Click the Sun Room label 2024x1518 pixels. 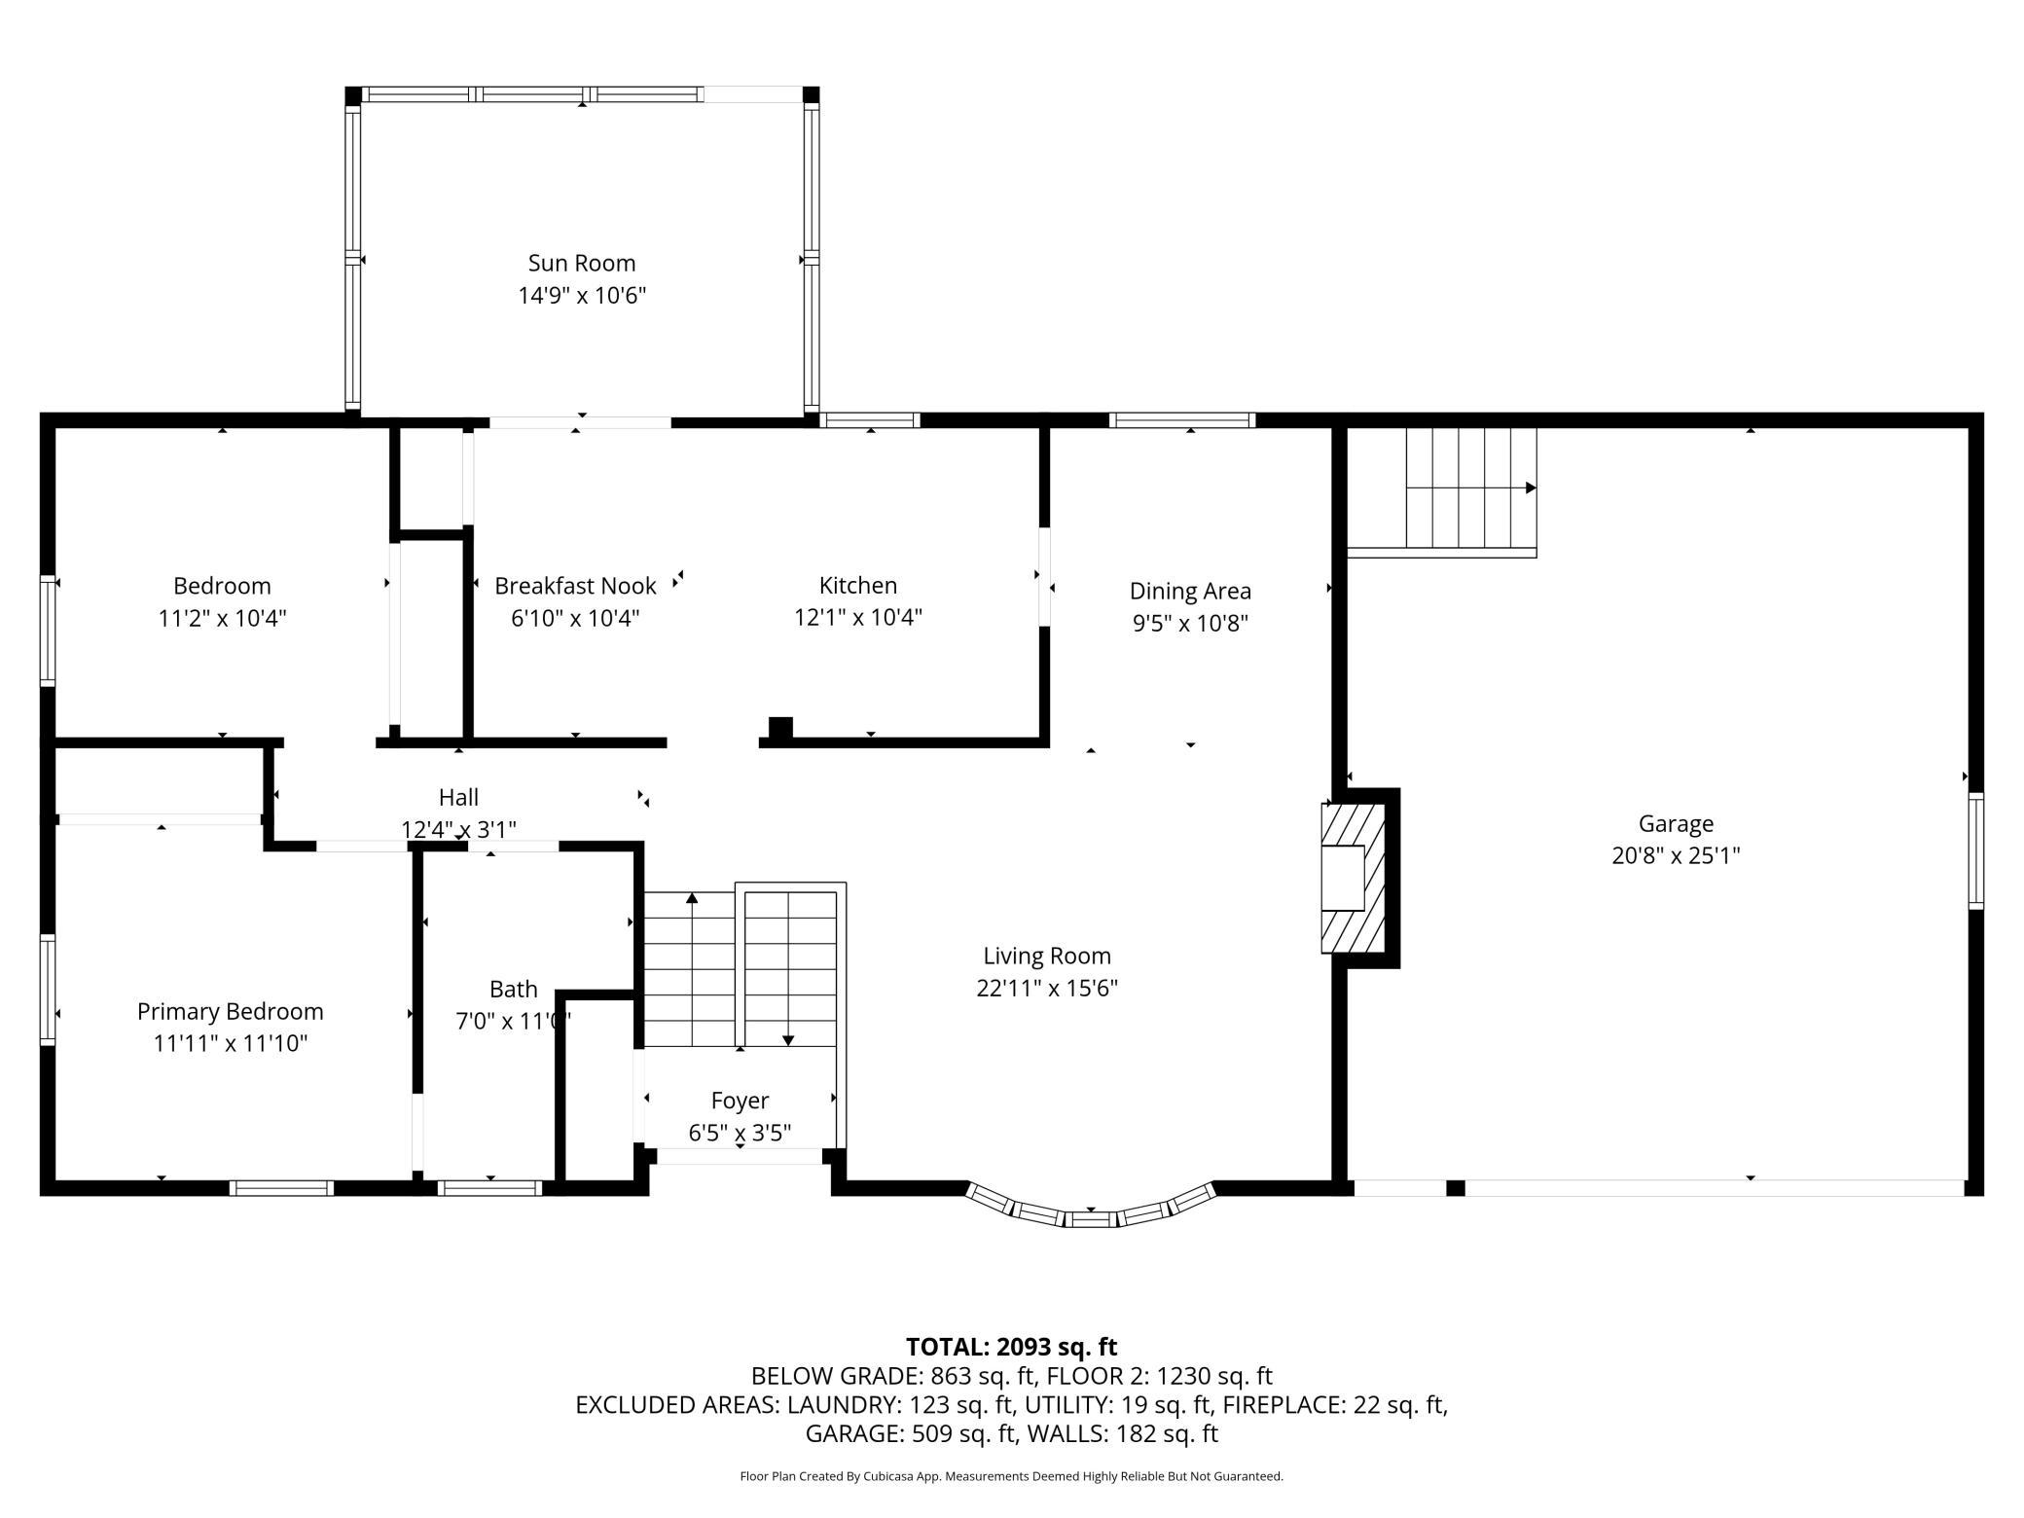[582, 263]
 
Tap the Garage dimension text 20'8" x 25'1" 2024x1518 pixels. [1676, 855]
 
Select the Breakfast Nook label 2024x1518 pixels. [575, 586]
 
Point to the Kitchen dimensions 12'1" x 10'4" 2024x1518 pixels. [858, 617]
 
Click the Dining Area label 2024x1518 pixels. [1190, 591]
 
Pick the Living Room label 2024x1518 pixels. [1047, 957]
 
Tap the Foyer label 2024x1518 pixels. [740, 1101]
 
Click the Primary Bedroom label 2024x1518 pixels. [231, 1012]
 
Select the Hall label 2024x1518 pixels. [458, 798]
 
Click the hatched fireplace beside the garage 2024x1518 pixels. [1354, 878]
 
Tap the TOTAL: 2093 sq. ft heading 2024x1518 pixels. [1011, 1347]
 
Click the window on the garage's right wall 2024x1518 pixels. [1975, 851]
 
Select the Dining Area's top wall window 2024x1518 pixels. [1182, 420]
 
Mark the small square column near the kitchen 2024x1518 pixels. [780, 728]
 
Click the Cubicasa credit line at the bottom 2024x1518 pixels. [1011, 1476]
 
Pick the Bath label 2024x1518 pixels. [513, 990]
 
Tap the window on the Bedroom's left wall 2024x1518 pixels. [47, 632]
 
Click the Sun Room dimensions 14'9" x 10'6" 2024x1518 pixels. [582, 295]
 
